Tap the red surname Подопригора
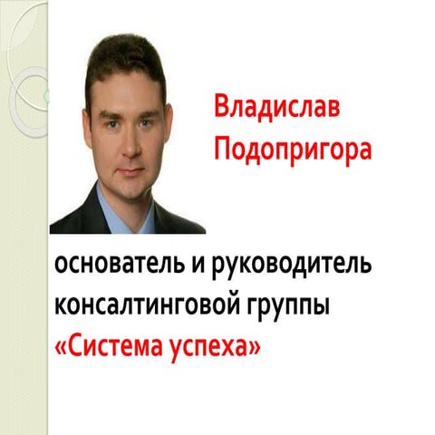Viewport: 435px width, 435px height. [x=292, y=149]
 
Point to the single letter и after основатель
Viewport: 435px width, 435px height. [x=208, y=268]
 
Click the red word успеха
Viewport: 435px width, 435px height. [x=210, y=345]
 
